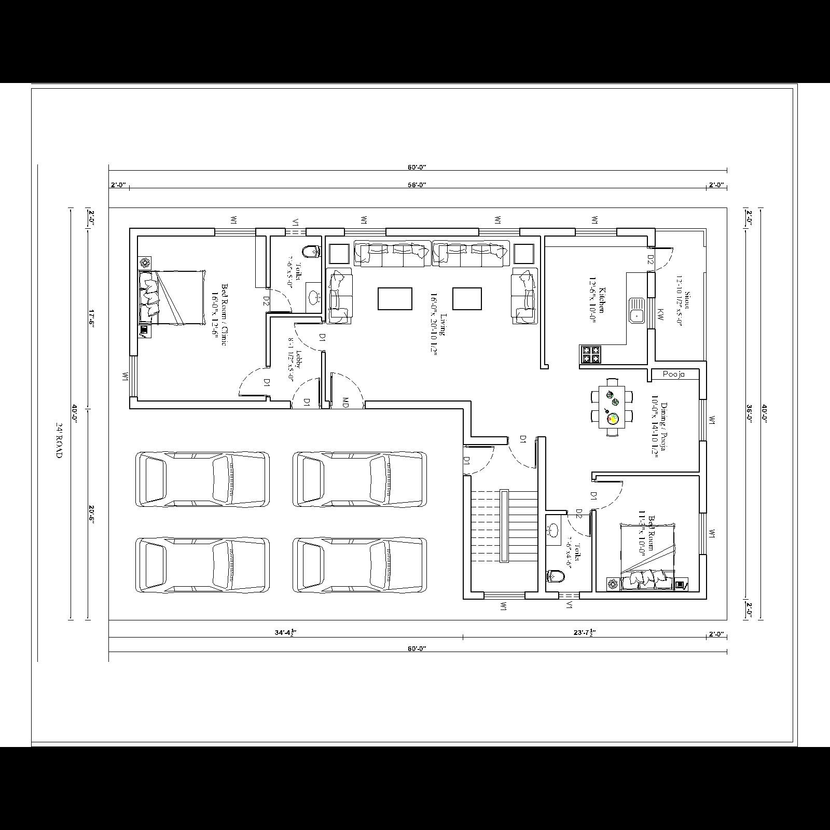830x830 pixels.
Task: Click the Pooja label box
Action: pyautogui.click(x=674, y=374)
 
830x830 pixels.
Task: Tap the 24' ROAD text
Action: pyautogui.click(x=59, y=439)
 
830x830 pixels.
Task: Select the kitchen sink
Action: pyautogui.click(x=636, y=310)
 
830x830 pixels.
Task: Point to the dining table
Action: pyautogui.click(x=612, y=407)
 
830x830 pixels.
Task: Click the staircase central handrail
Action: pyautogui.click(x=504, y=525)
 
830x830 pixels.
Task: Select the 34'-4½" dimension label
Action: pyautogui.click(x=286, y=633)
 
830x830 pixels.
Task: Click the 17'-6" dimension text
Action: pyautogui.click(x=91, y=317)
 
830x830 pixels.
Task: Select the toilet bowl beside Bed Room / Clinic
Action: pyautogui.click(x=311, y=252)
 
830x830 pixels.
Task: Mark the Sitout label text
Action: pyautogui.click(x=684, y=308)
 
